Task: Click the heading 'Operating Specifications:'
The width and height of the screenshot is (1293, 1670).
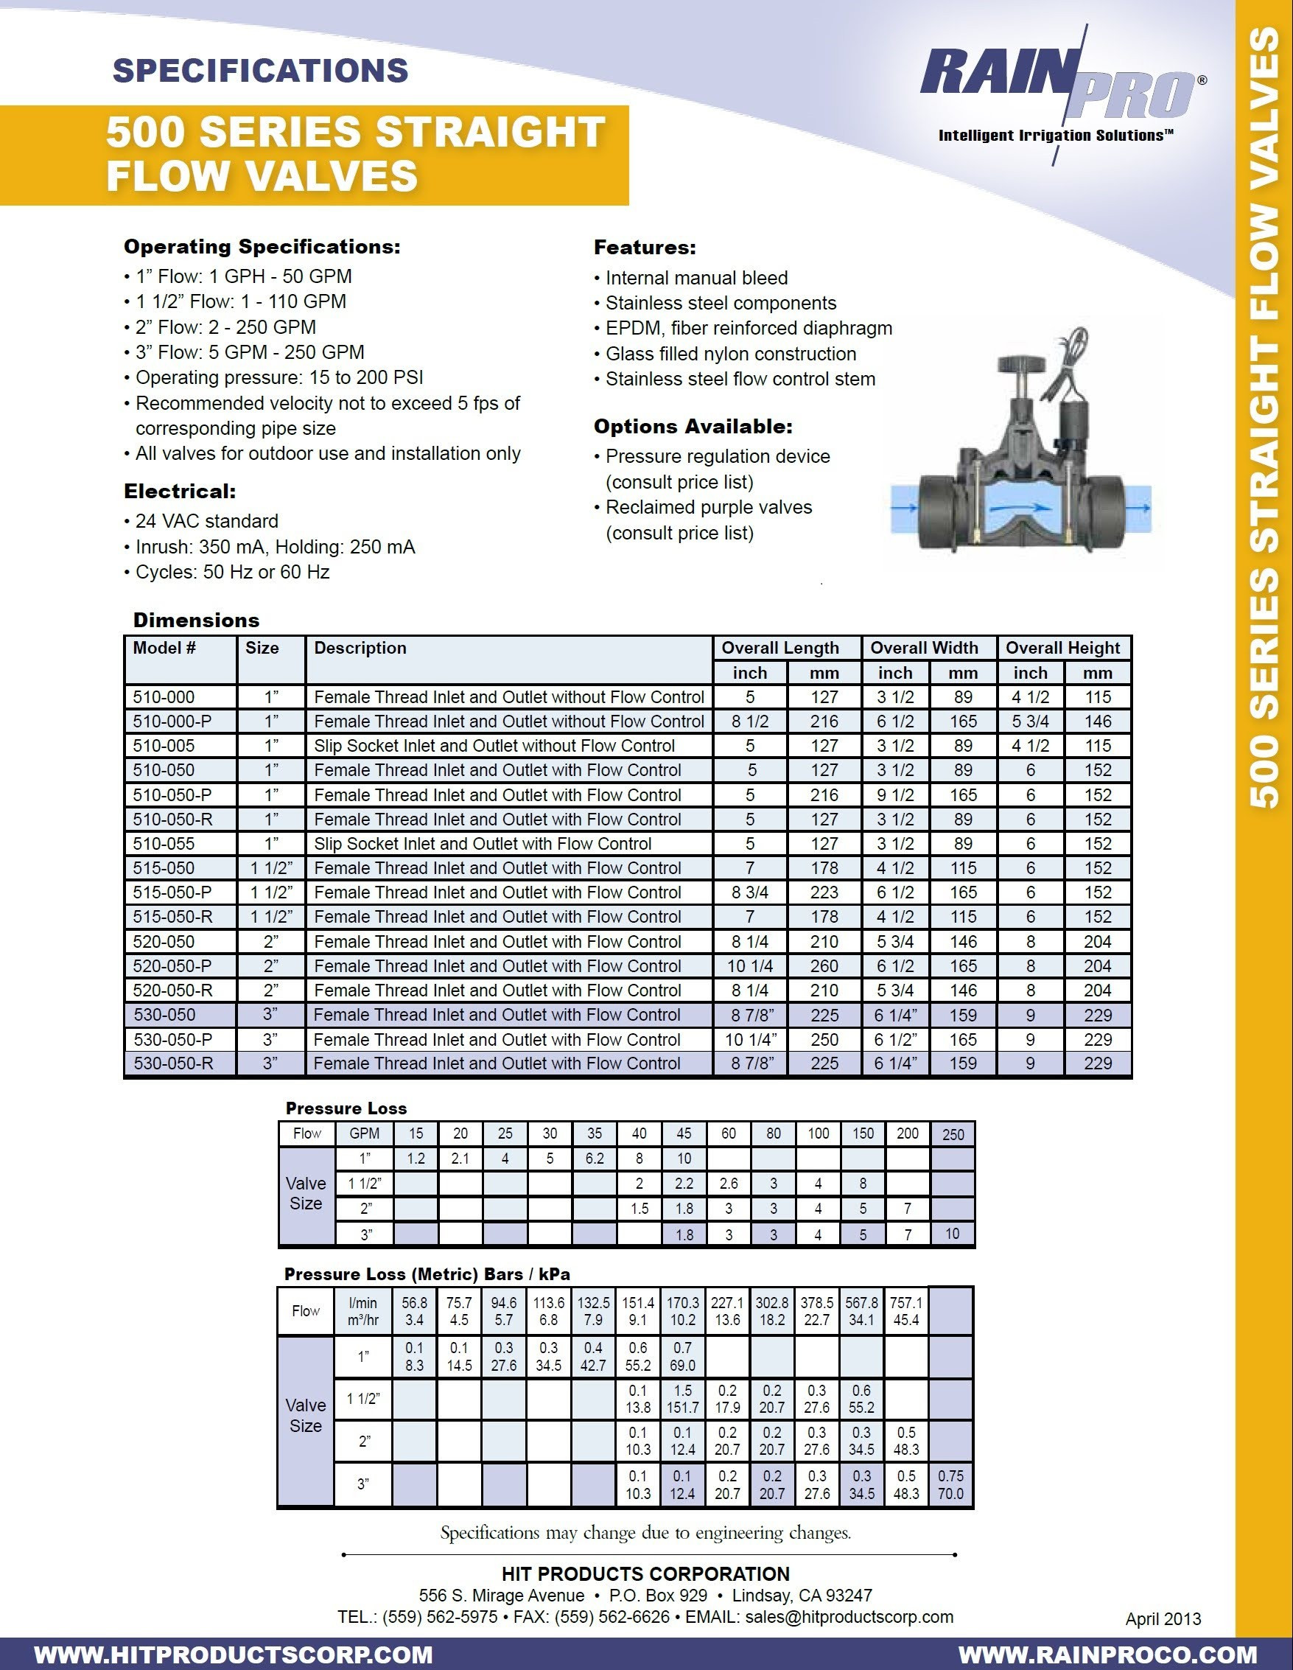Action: [x=262, y=246]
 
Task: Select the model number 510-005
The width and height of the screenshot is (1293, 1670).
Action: [x=164, y=746]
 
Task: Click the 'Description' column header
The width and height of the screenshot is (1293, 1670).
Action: [x=360, y=648]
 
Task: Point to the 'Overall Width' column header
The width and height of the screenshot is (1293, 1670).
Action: [x=924, y=648]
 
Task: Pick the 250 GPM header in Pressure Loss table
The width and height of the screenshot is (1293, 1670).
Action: [x=953, y=1134]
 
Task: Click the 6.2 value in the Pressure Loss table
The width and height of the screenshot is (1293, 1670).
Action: [x=594, y=1159]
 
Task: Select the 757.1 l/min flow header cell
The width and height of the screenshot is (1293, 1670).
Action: [x=906, y=1310]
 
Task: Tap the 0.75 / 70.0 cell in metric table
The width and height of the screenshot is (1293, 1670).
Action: [x=950, y=1484]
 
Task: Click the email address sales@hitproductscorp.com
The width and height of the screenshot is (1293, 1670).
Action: [x=849, y=1616]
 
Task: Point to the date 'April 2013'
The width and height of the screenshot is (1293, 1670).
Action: [x=1163, y=1618]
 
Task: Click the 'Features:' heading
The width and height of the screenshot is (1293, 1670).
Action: [x=645, y=248]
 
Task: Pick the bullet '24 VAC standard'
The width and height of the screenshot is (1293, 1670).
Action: [x=206, y=522]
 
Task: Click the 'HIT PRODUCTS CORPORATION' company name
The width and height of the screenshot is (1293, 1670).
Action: [x=645, y=1573]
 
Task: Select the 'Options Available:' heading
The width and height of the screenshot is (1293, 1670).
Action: [x=693, y=427]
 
